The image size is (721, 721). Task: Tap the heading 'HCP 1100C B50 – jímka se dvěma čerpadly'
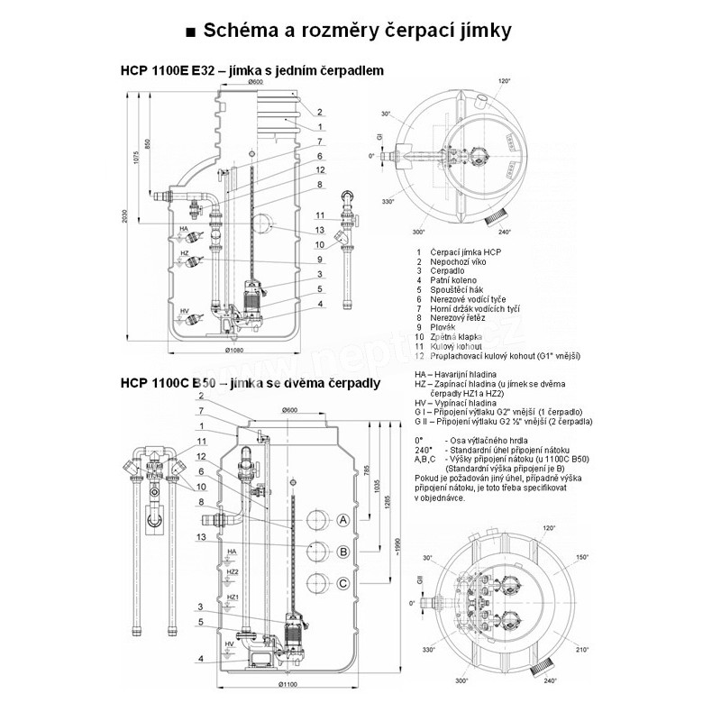pyautogui.click(x=249, y=382)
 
